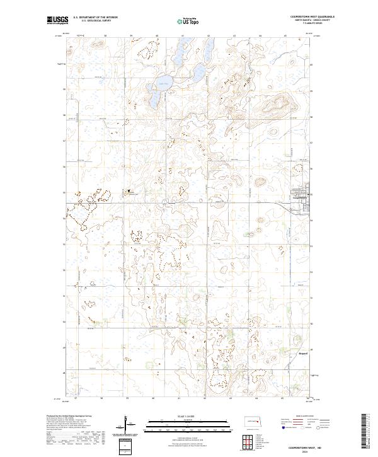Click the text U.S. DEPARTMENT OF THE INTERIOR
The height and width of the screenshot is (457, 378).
point(95,18)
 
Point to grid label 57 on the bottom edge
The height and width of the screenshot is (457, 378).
point(76,398)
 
